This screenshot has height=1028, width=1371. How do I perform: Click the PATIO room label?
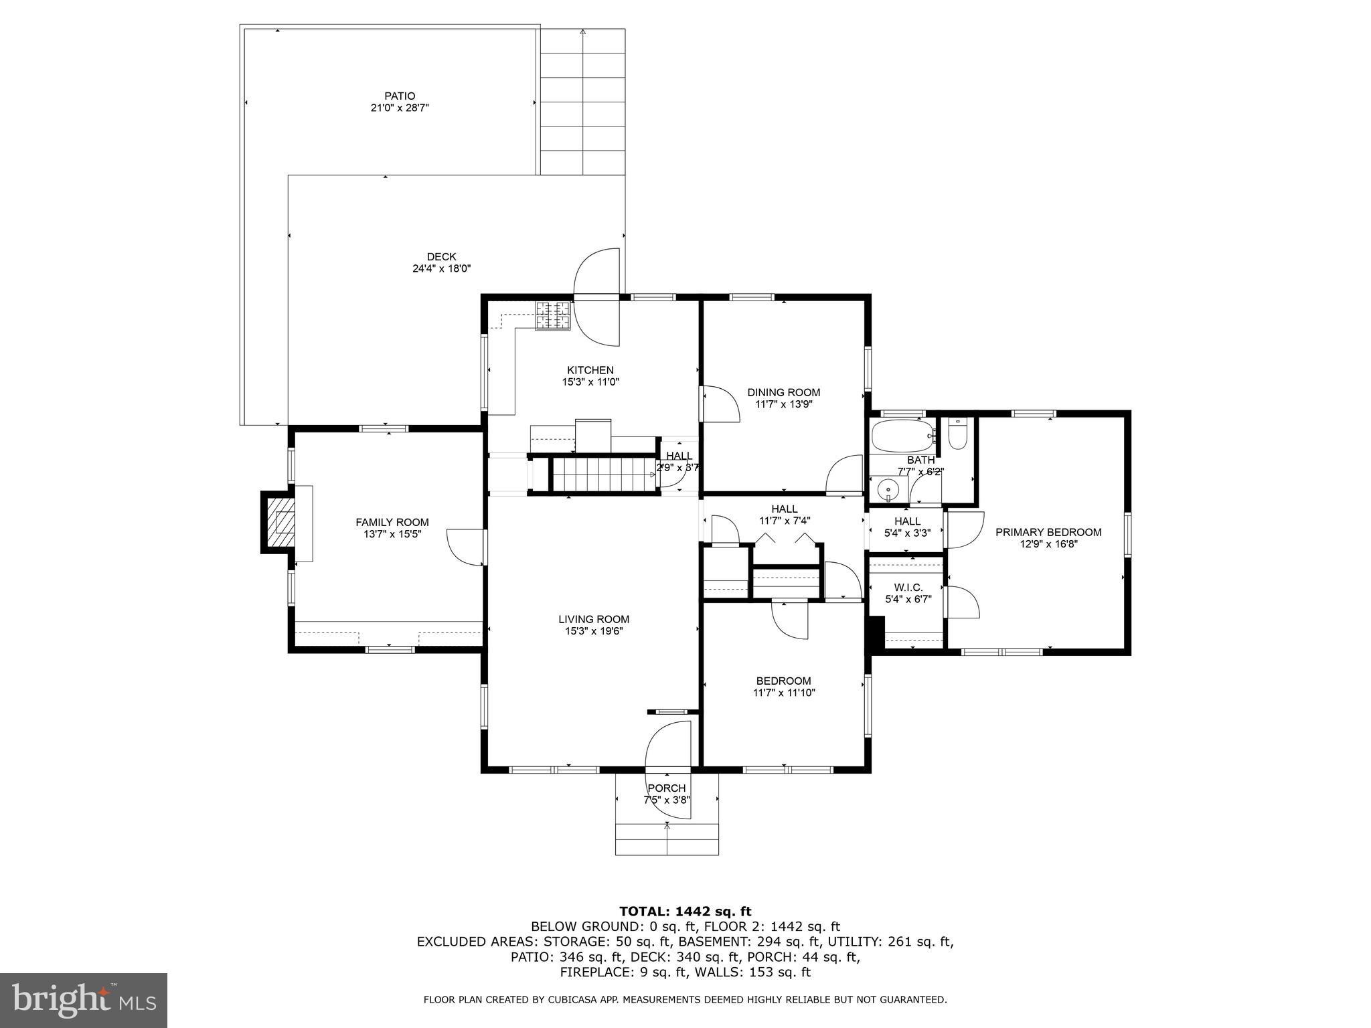[x=400, y=96]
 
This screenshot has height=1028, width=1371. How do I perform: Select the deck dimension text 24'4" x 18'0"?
[x=441, y=268]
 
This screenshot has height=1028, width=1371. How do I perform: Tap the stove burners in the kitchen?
[x=553, y=315]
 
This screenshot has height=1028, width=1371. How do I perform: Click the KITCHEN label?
[x=590, y=370]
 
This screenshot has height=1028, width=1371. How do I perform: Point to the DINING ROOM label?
[x=783, y=392]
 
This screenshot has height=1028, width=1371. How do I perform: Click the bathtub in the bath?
[x=902, y=435]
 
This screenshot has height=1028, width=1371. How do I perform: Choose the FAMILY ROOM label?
[x=392, y=522]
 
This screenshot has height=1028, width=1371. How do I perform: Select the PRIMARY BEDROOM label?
[x=1048, y=532]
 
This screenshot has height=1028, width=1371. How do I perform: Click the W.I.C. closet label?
[x=908, y=587]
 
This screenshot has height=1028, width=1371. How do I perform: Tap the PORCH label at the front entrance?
[x=666, y=788]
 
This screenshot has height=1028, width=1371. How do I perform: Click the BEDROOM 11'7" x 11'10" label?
[x=783, y=681]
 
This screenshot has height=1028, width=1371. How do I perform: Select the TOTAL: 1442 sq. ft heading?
[x=685, y=911]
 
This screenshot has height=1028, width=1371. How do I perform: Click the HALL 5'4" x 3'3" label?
[x=907, y=521]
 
